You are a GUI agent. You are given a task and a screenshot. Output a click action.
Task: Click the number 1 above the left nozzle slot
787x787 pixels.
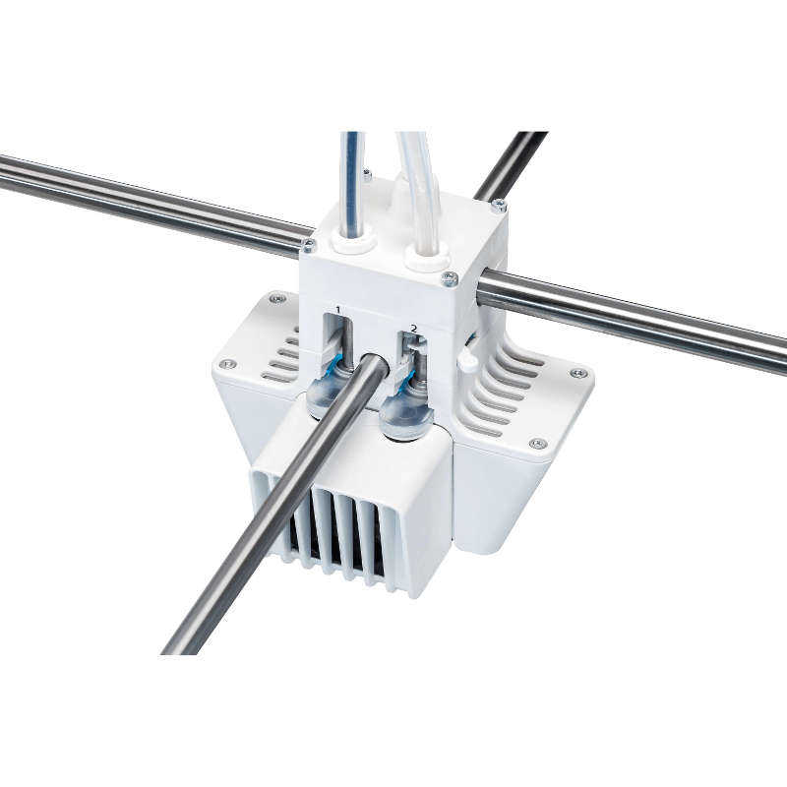pyautogui.click(x=337, y=310)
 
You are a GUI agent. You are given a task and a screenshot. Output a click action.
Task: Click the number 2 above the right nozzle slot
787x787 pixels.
pyautogui.click(x=413, y=329)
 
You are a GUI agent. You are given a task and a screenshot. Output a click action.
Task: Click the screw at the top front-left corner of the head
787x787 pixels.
pyautogui.click(x=309, y=245)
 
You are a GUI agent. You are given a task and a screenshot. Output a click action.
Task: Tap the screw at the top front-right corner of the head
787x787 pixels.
pyautogui.click(x=450, y=277)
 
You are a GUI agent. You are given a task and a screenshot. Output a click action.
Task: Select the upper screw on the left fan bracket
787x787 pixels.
pyautogui.click(x=276, y=298)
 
